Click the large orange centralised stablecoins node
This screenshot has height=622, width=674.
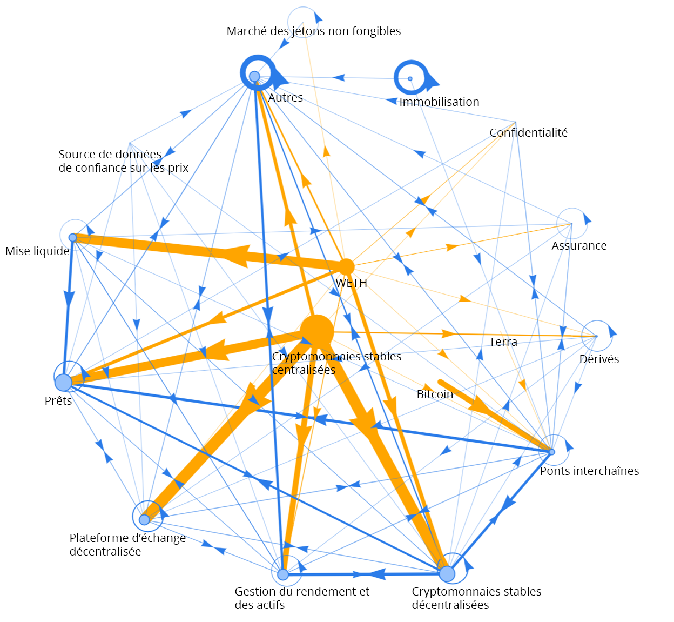point(316,331)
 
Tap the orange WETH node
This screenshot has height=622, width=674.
point(346,266)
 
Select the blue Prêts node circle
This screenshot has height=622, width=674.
point(64,382)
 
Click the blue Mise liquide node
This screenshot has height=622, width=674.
point(73,237)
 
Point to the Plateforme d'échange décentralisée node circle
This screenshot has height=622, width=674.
point(144,519)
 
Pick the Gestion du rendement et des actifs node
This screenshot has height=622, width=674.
point(283,574)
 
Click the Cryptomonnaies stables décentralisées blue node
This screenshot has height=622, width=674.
point(447,573)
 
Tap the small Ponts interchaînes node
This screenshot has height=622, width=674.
point(551,452)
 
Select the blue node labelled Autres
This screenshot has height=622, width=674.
point(254,76)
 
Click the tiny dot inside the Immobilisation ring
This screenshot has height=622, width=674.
point(410,79)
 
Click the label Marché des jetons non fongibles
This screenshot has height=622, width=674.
point(313,31)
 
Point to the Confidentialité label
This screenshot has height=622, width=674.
point(528,133)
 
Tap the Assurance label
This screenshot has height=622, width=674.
point(579,246)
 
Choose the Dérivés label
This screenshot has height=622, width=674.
point(599,359)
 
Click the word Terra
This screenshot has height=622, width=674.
point(503,342)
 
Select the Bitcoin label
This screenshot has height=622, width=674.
point(435,394)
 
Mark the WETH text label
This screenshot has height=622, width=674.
point(351,283)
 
